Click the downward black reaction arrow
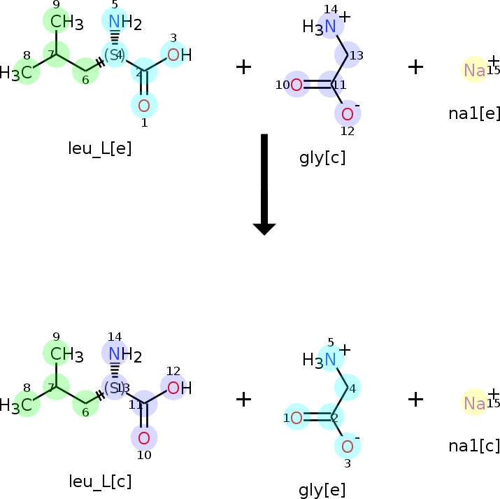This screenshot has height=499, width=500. click(x=264, y=183)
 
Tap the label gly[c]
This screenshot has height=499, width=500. click(x=322, y=157)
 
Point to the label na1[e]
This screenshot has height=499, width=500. click(x=474, y=113)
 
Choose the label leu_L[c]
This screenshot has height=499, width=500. click(x=100, y=481)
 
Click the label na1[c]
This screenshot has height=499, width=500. click(x=474, y=446)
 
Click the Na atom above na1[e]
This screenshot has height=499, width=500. click(x=475, y=69)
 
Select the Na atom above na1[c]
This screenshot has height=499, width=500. click(x=475, y=402)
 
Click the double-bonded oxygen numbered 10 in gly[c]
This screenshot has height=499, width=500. click(x=297, y=85)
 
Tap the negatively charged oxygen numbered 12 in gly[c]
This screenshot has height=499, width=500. click(x=347, y=113)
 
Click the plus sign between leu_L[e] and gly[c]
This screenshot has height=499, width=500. click(x=243, y=67)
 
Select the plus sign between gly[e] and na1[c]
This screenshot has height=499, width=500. click(x=415, y=400)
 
